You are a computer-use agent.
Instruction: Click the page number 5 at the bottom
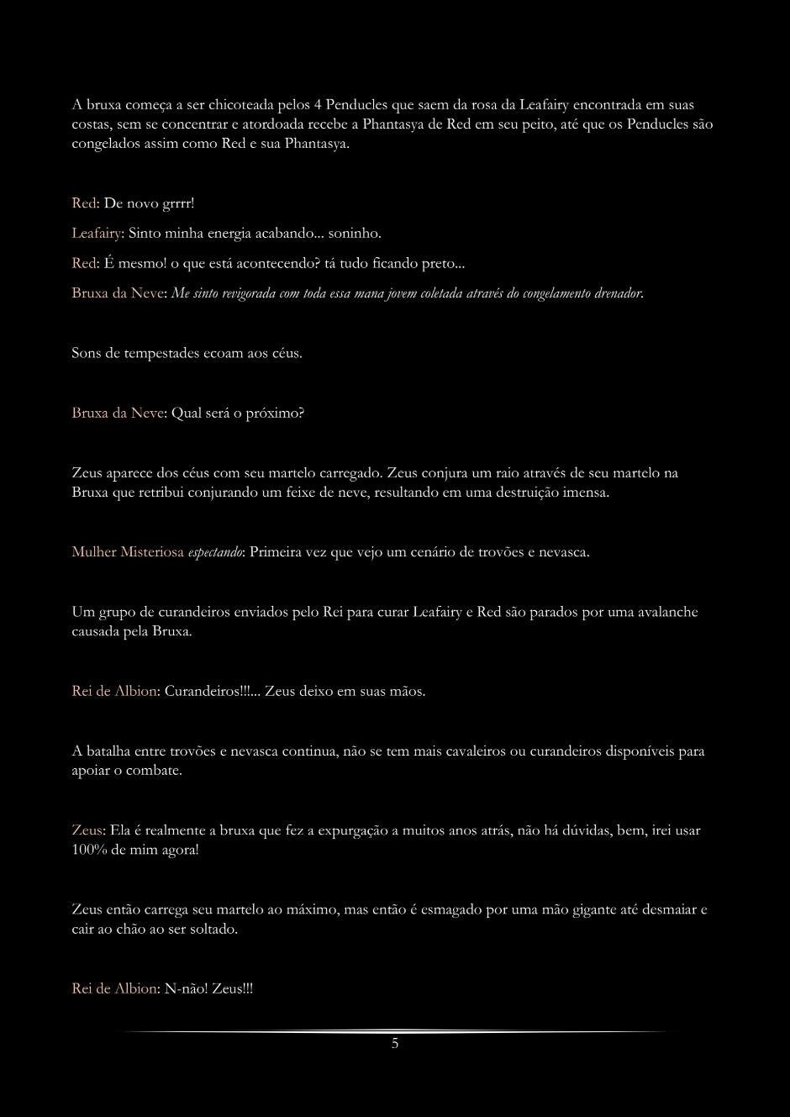pyautogui.click(x=395, y=1044)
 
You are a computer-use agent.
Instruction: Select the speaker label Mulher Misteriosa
pyautogui.click(x=128, y=552)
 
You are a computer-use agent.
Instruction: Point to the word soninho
pyautogui.click(x=355, y=233)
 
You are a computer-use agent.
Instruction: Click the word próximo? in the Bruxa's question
pyautogui.click(x=274, y=414)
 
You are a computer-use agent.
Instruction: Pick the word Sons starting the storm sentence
pyautogui.click(x=86, y=353)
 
